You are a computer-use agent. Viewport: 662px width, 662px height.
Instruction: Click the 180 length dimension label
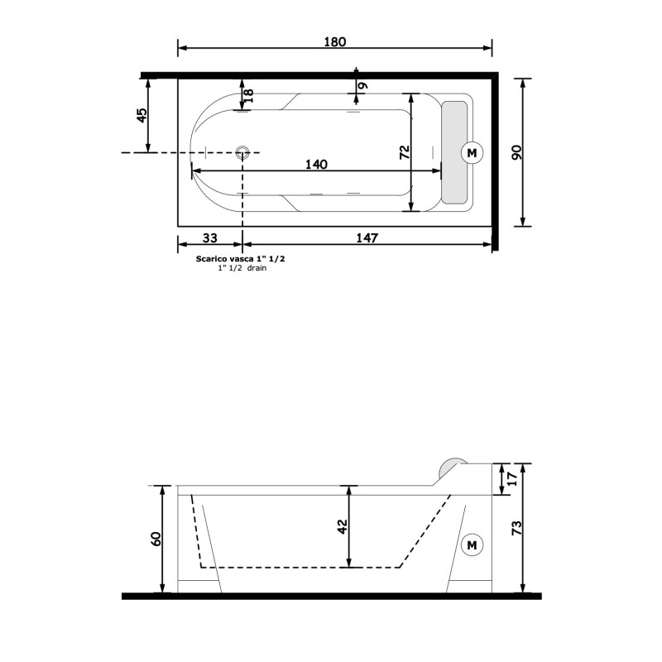(x=335, y=42)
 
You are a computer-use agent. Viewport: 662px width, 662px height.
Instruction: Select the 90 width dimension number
(x=516, y=152)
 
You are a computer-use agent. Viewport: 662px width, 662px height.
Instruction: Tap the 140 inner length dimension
(x=316, y=164)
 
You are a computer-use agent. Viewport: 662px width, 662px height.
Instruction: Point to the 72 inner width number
(x=405, y=152)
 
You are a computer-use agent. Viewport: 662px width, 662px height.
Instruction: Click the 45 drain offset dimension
(x=142, y=115)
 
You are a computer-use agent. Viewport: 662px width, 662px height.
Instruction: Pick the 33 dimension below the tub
(x=210, y=238)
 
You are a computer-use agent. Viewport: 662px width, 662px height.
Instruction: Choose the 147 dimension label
(x=367, y=238)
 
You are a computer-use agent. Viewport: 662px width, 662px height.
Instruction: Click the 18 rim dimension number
(x=249, y=95)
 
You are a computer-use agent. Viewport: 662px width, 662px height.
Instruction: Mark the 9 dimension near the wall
(x=363, y=86)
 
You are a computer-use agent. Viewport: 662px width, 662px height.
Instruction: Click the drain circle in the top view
(x=242, y=152)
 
